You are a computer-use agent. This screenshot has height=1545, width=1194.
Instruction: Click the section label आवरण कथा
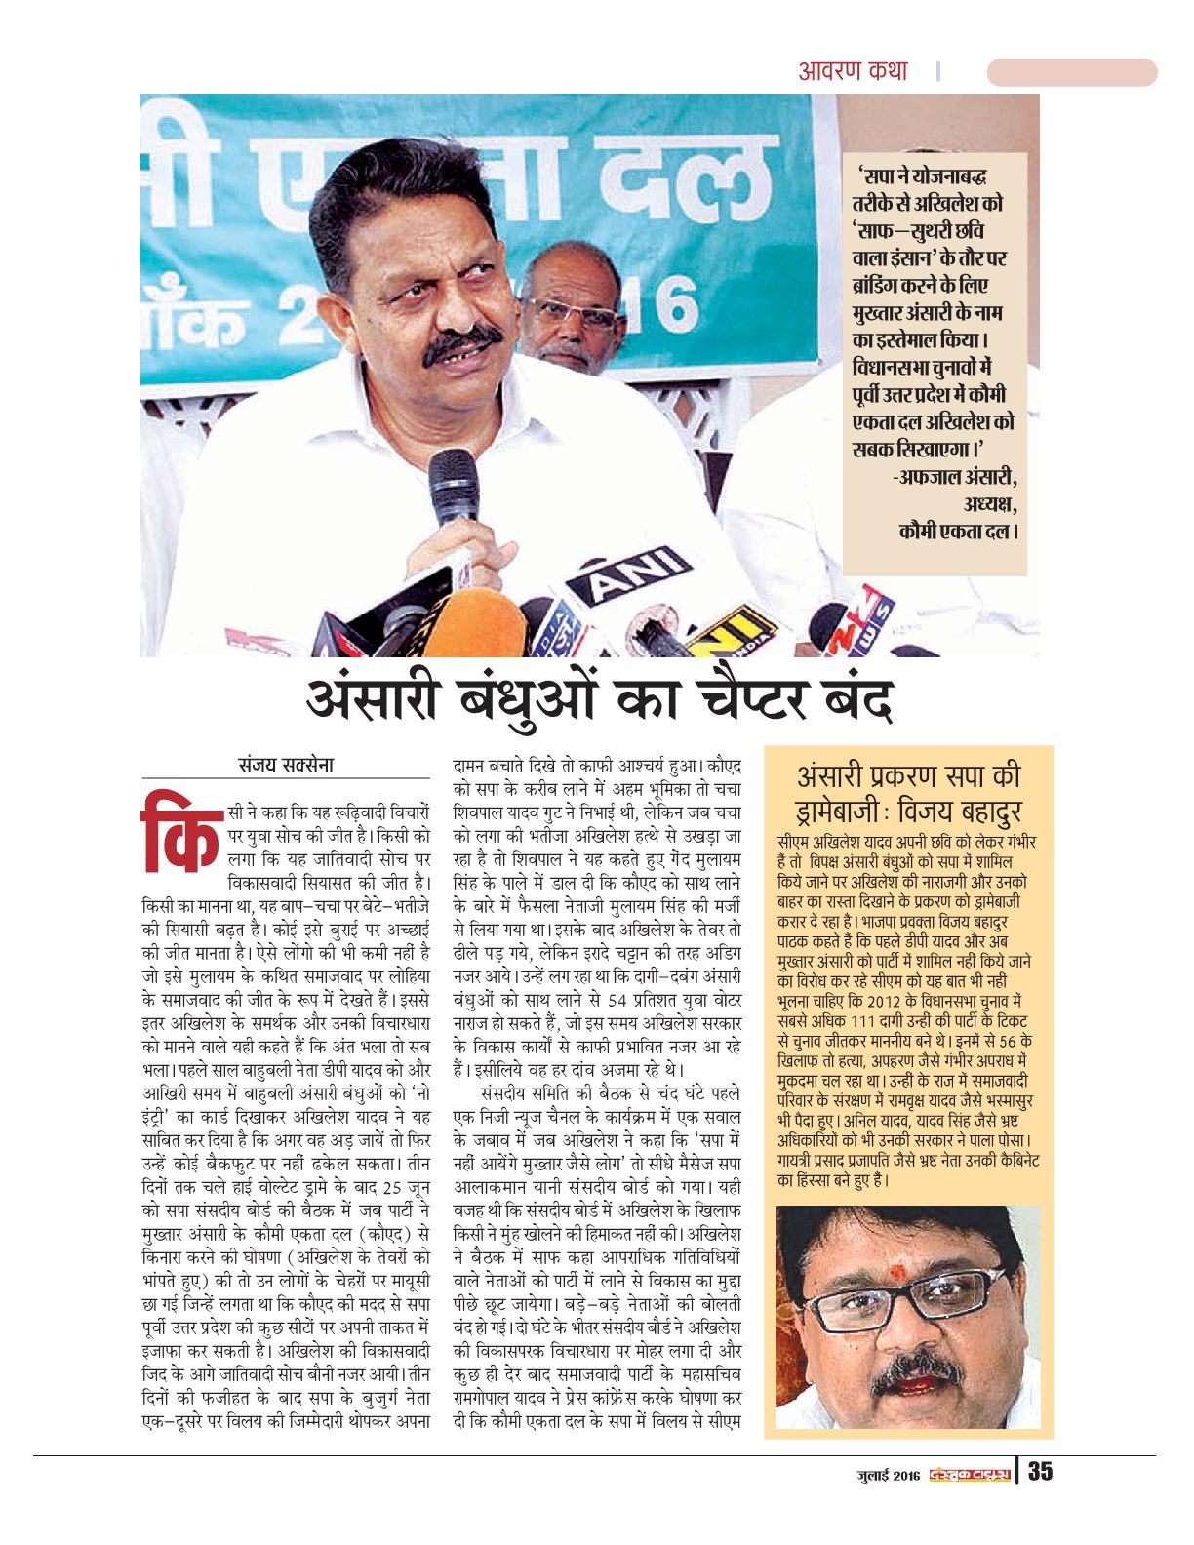click(x=853, y=71)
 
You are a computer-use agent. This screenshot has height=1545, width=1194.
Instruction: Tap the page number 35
click(x=1040, y=1471)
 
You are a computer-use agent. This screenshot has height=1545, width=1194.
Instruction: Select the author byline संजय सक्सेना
click(x=286, y=765)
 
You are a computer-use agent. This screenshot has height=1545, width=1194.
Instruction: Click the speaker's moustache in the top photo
click(x=462, y=343)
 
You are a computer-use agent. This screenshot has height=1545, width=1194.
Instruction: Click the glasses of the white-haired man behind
click(x=571, y=314)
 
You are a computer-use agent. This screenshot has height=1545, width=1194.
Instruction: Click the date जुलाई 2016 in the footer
click(x=883, y=1473)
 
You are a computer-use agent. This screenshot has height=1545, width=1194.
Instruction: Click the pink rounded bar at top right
click(x=1071, y=72)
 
